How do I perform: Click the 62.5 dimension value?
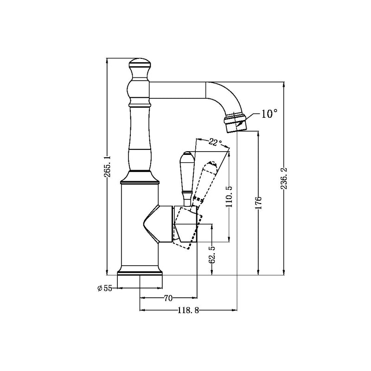pyautogui.click(x=212, y=255)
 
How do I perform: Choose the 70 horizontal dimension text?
pyautogui.click(x=168, y=298)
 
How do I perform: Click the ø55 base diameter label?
pyautogui.click(x=105, y=288)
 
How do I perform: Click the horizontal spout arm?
pyautogui.click(x=179, y=90)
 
